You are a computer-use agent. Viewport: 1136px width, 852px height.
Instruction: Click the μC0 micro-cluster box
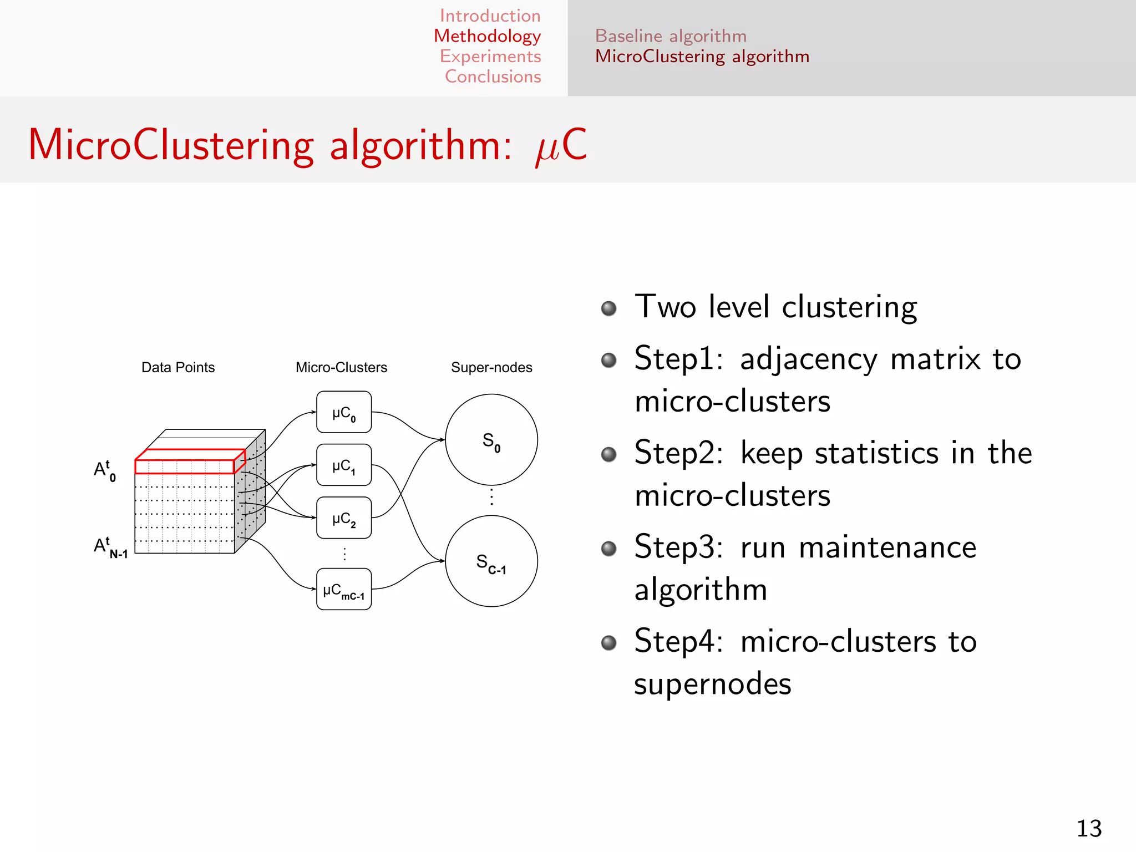(344, 412)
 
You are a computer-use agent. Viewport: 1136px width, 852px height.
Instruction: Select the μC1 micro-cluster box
(344, 465)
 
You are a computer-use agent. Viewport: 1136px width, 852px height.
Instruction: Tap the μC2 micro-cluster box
(344, 518)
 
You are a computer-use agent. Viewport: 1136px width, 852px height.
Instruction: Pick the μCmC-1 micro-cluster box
(344, 590)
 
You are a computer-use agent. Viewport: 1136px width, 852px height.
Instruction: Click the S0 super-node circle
(491, 440)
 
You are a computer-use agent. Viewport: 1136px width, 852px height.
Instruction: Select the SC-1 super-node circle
(491, 561)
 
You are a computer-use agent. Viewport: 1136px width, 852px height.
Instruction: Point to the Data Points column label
(178, 367)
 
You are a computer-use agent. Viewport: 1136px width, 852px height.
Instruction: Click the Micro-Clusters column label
(341, 367)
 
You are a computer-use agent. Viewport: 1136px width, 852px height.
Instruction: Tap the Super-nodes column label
(491, 367)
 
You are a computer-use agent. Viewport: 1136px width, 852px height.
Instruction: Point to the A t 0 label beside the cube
(105, 471)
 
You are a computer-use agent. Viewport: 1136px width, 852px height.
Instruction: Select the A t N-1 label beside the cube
(110, 547)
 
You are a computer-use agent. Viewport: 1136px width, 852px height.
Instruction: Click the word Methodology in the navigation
(487, 36)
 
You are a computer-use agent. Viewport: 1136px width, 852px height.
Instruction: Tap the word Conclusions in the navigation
(493, 77)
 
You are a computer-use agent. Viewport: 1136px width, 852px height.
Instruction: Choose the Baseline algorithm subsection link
(671, 36)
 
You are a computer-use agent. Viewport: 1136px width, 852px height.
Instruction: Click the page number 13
(1089, 829)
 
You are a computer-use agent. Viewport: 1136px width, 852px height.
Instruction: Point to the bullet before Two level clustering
(608, 308)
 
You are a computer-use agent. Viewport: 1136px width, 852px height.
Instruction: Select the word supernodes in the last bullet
(713, 684)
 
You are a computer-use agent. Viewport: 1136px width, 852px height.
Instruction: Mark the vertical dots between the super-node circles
(491, 497)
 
